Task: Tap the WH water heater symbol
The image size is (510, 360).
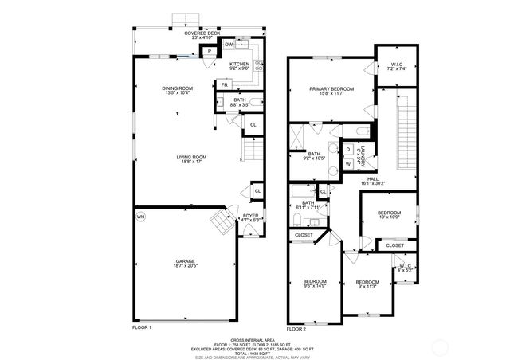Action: (x=141, y=217)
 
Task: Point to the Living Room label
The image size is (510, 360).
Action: (x=191, y=159)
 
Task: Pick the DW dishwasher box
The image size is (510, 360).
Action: (x=229, y=45)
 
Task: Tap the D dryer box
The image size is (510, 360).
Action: (x=349, y=149)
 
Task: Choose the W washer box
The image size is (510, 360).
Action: (x=349, y=164)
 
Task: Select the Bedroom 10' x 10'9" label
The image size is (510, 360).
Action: (x=390, y=214)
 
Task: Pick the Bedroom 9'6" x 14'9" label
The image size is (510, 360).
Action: (x=314, y=284)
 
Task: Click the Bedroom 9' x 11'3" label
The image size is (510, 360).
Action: (x=367, y=285)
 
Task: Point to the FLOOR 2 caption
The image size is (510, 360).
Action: (x=296, y=328)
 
